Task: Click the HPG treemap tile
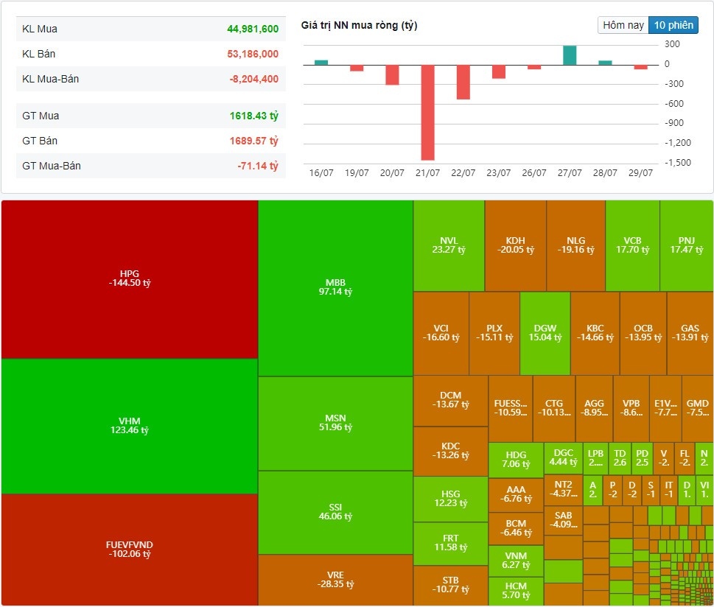click(x=130, y=278)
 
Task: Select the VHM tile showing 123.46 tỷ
click(x=130, y=425)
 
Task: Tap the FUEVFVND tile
click(x=130, y=550)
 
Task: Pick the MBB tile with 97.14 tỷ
click(x=335, y=287)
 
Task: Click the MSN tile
click(x=335, y=423)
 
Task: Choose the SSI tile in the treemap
click(x=335, y=512)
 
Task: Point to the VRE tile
click(x=335, y=580)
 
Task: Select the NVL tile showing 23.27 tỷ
click(x=449, y=245)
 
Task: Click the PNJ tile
click(x=686, y=245)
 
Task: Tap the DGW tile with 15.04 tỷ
click(x=545, y=333)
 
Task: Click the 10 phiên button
click(x=673, y=25)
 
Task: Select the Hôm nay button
click(x=623, y=25)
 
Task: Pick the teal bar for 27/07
click(x=570, y=55)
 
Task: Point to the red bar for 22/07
click(x=463, y=82)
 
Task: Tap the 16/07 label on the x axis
click(x=321, y=173)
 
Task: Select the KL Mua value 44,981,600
click(x=253, y=29)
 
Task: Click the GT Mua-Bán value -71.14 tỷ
click(x=258, y=166)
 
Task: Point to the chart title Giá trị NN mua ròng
click(x=359, y=26)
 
